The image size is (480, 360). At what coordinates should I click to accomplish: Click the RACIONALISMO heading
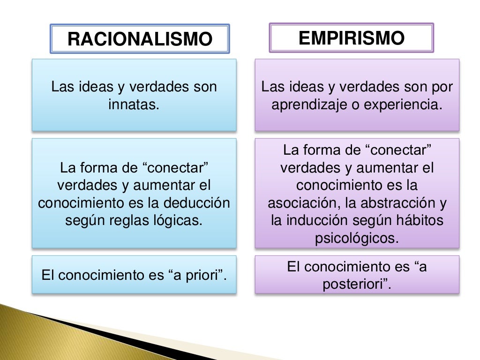pyautogui.click(x=140, y=39)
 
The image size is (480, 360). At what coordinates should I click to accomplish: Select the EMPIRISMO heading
pyautogui.click(x=351, y=38)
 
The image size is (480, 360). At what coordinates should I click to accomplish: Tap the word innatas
pyautogui.click(x=134, y=105)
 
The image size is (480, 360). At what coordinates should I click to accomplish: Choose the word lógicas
pyautogui.click(x=181, y=220)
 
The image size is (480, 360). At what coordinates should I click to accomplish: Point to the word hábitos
pyautogui.click(x=421, y=220)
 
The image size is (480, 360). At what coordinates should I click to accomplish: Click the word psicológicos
pyautogui.click(x=357, y=238)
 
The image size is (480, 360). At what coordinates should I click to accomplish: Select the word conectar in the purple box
pyautogui.click(x=397, y=150)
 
